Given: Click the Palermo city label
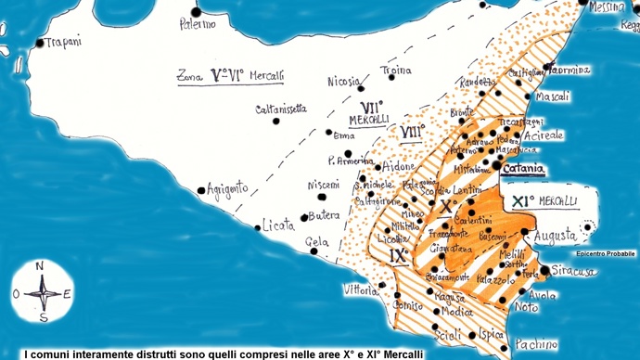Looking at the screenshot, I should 197,23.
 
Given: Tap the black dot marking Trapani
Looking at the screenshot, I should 39,43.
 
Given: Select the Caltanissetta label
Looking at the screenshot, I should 281,109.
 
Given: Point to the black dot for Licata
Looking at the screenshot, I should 258,226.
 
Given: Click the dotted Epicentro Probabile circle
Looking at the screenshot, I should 588,226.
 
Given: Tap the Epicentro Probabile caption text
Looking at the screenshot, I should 606,253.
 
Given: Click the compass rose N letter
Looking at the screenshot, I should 40,265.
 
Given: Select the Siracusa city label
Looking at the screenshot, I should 573,271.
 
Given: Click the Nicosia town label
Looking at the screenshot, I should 343,81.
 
